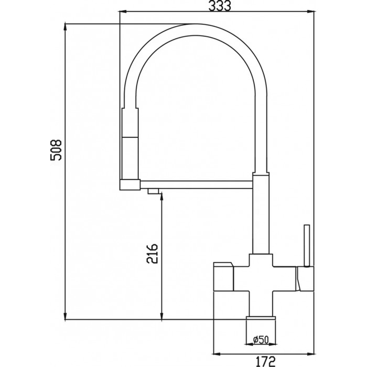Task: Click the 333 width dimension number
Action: [x=220, y=6]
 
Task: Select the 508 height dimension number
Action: [x=56, y=150]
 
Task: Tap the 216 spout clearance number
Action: [x=153, y=253]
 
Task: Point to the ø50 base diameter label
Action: [x=261, y=340]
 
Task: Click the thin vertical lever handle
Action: [x=307, y=245]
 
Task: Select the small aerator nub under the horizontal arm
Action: [x=153, y=191]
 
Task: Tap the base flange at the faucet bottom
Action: [x=261, y=317]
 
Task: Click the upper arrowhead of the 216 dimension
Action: [x=161, y=197]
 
